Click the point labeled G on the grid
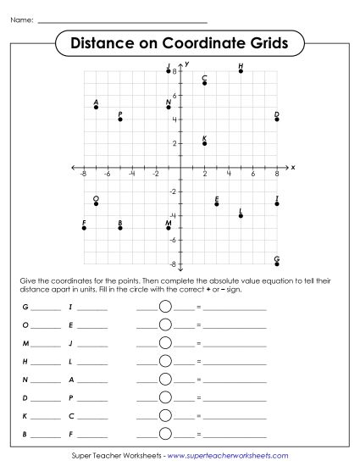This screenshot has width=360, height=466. (277, 264)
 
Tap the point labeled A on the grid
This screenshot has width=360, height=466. (96, 107)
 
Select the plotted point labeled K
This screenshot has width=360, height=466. (205, 143)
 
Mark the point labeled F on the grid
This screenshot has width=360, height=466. (84, 228)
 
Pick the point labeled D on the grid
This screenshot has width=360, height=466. (277, 119)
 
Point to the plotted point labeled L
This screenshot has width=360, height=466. (241, 216)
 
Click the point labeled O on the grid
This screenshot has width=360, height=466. (96, 203)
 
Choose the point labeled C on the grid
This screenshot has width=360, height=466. (205, 83)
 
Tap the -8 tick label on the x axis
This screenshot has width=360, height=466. (83, 174)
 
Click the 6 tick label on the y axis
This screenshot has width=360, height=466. (174, 95)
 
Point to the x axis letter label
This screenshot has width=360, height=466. (292, 167)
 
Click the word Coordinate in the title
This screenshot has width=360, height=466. (201, 42)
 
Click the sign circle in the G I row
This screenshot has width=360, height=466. (165, 308)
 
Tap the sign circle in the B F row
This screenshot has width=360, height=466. (165, 433)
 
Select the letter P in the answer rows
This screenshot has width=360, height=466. (71, 397)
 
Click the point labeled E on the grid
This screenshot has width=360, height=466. (217, 203)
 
